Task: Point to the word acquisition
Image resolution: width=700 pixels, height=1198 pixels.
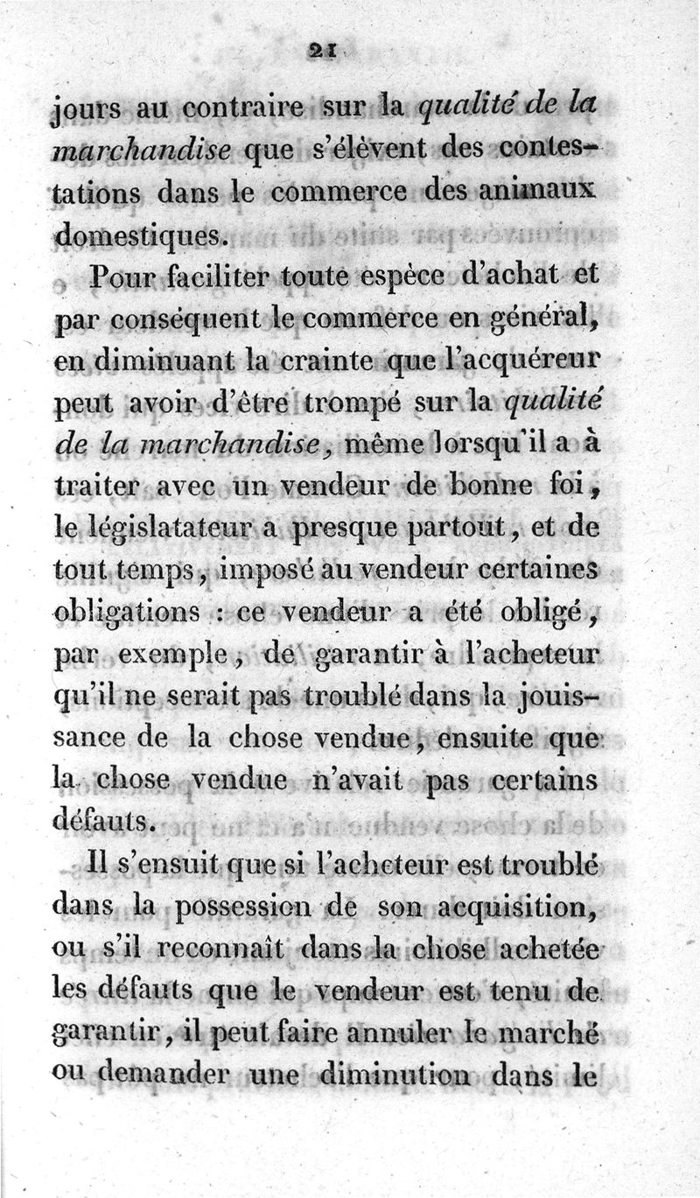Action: [524, 904]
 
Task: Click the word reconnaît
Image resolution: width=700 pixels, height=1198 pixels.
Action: [215, 945]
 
